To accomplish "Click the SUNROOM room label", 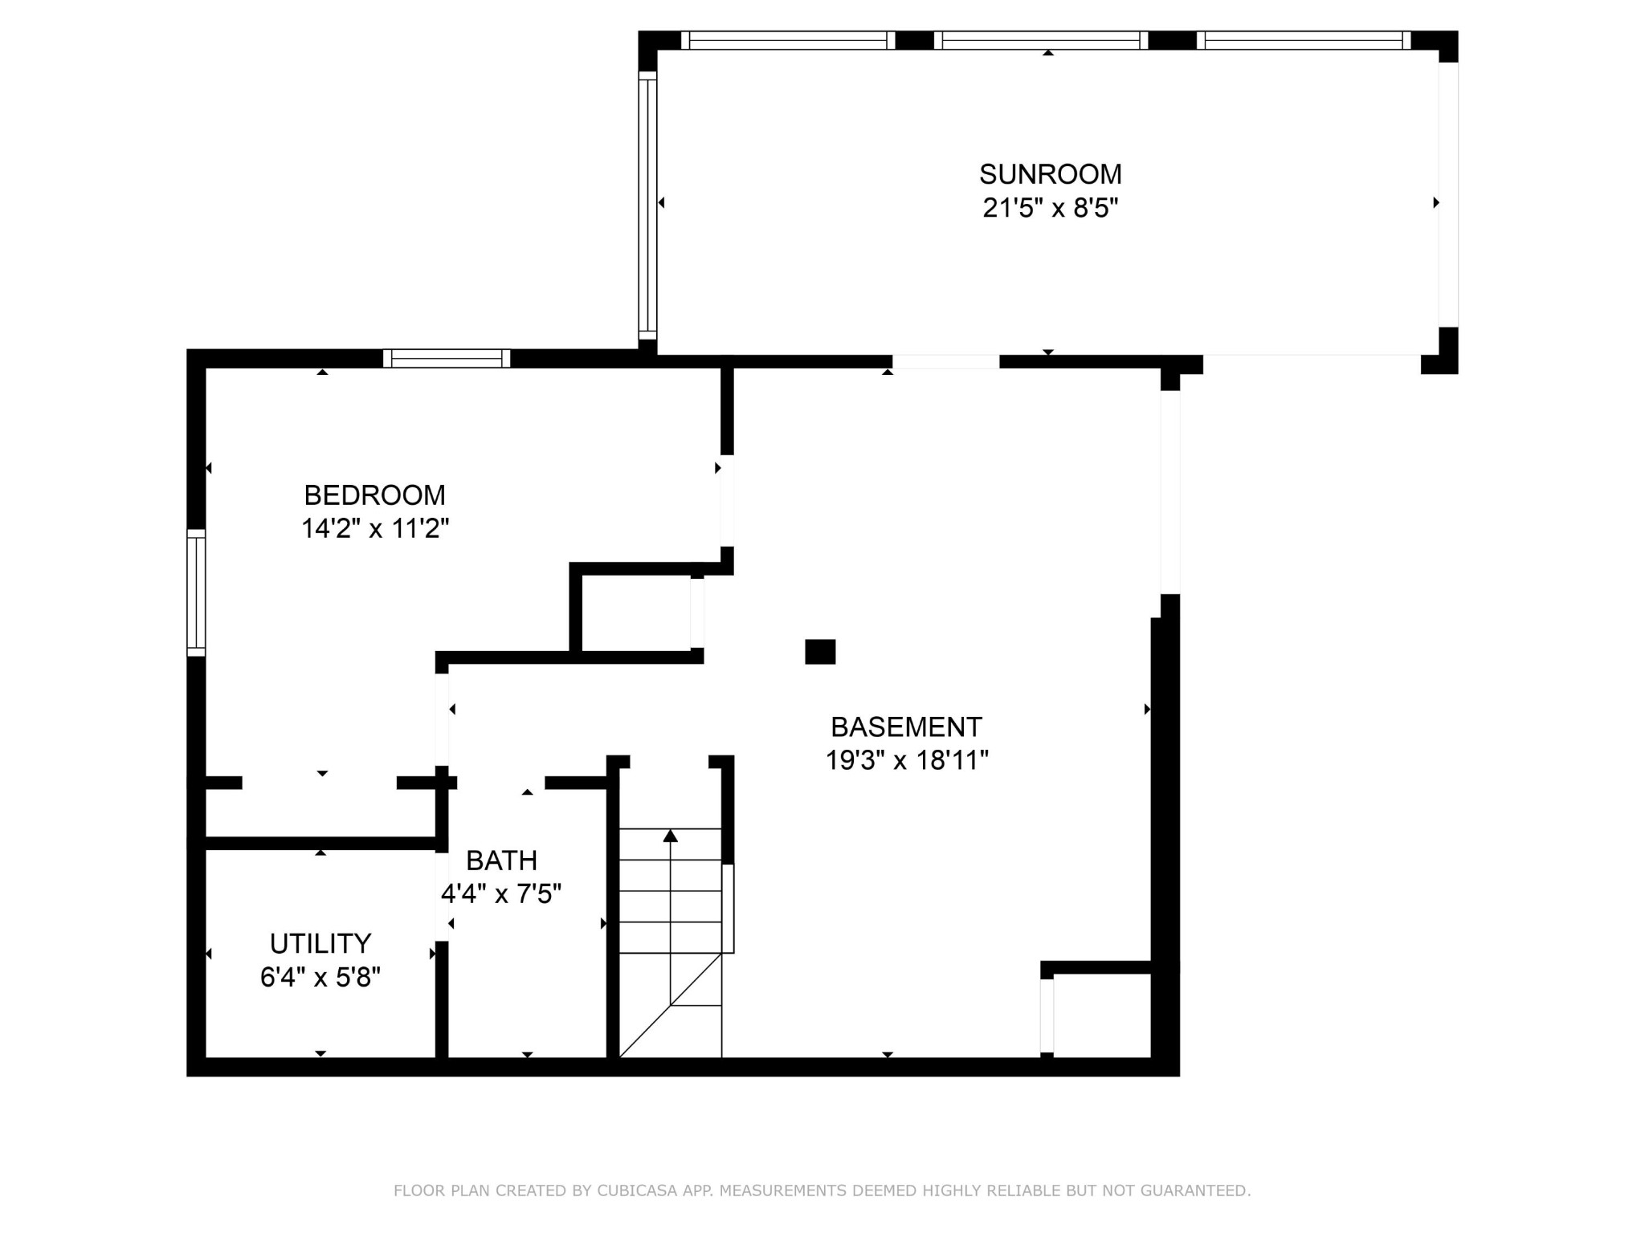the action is (1050, 174).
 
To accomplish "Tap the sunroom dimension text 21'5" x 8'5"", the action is (1050, 208).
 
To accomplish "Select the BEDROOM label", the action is (374, 494).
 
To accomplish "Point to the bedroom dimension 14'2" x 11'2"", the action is (374, 528).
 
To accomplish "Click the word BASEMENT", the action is (906, 727).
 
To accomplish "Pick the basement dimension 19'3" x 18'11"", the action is (906, 760).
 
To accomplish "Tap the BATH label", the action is (501, 861).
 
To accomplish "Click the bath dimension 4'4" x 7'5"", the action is (501, 893).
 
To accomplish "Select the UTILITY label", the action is (320, 943).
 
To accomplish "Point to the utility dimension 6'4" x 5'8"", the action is (320, 977).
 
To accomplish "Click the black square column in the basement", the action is (820, 652).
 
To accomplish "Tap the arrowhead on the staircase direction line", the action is (671, 836).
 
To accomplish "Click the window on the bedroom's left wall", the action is (196, 592).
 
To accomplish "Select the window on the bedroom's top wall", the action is (447, 358).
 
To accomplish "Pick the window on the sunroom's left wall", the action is (647, 205).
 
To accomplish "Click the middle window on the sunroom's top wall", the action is (1041, 40).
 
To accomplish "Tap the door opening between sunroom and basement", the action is (946, 362).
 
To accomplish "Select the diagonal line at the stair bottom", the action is (671, 1005).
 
